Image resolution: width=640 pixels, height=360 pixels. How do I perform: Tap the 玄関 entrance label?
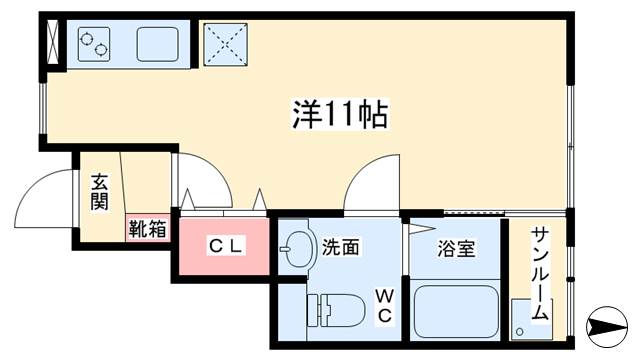tap(99, 192)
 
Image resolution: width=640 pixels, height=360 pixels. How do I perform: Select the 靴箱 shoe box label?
tap(147, 228)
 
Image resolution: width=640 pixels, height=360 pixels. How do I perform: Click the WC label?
tap(383, 306)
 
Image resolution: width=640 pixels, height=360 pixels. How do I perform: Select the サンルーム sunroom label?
tap(539, 272)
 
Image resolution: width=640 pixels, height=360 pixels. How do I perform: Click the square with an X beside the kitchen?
tap(223, 43)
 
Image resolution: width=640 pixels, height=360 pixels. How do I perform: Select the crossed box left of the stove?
tap(52, 41)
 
